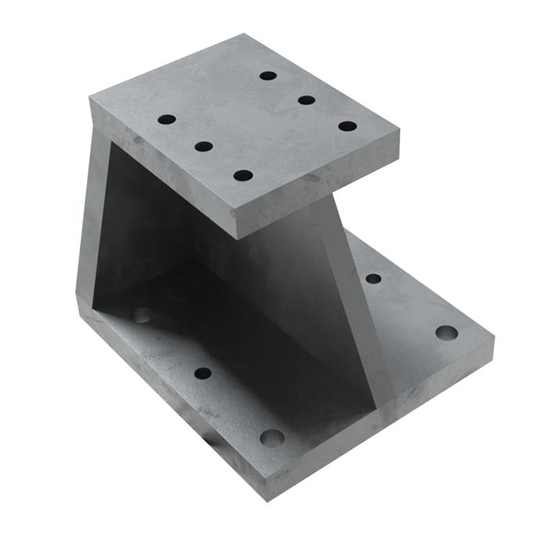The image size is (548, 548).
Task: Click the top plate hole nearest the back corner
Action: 269,76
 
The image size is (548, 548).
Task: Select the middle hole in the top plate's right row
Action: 306,100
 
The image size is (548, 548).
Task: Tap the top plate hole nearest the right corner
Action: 348,126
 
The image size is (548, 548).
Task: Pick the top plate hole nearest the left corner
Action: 167,120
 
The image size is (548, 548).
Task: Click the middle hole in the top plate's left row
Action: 204,146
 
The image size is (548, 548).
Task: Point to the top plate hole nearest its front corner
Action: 243,175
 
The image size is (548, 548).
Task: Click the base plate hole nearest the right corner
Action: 446,333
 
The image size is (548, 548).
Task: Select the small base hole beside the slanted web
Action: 373,279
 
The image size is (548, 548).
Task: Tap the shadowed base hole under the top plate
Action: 142,315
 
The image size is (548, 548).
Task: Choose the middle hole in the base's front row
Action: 203,373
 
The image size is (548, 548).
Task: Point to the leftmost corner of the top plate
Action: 89,98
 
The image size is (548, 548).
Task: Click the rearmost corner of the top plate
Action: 243,34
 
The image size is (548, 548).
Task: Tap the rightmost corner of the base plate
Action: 494,339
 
